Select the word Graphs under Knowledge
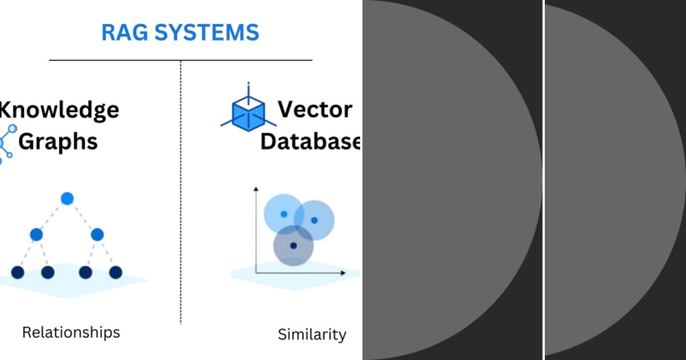58,141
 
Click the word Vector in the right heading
315,109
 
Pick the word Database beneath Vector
310,141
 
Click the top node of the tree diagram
67,199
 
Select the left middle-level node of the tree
37,234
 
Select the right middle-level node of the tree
97,234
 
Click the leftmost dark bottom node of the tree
17,273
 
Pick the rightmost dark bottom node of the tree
116,273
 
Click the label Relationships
71,332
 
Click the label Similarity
312,334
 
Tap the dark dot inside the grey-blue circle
293,246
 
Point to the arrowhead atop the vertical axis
256,188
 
